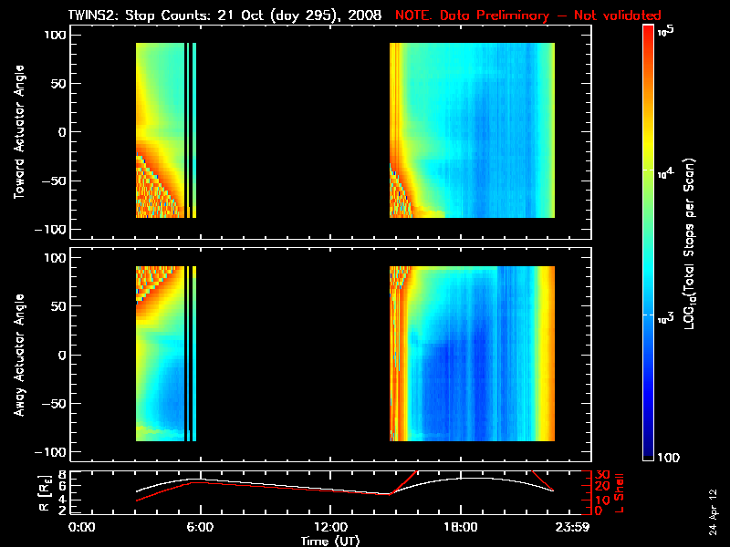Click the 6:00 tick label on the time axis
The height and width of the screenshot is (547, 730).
[x=200, y=528]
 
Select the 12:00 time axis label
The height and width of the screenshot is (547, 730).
[x=329, y=528]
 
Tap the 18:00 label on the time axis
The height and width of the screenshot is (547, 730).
[x=460, y=528]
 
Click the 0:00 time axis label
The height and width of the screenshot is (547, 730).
[x=82, y=528]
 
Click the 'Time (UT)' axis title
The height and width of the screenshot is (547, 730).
[x=331, y=541]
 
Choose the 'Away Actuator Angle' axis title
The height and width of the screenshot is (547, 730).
[x=17, y=356]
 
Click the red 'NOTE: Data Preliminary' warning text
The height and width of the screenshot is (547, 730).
[x=527, y=15]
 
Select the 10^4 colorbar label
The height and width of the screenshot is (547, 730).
[x=664, y=171]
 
